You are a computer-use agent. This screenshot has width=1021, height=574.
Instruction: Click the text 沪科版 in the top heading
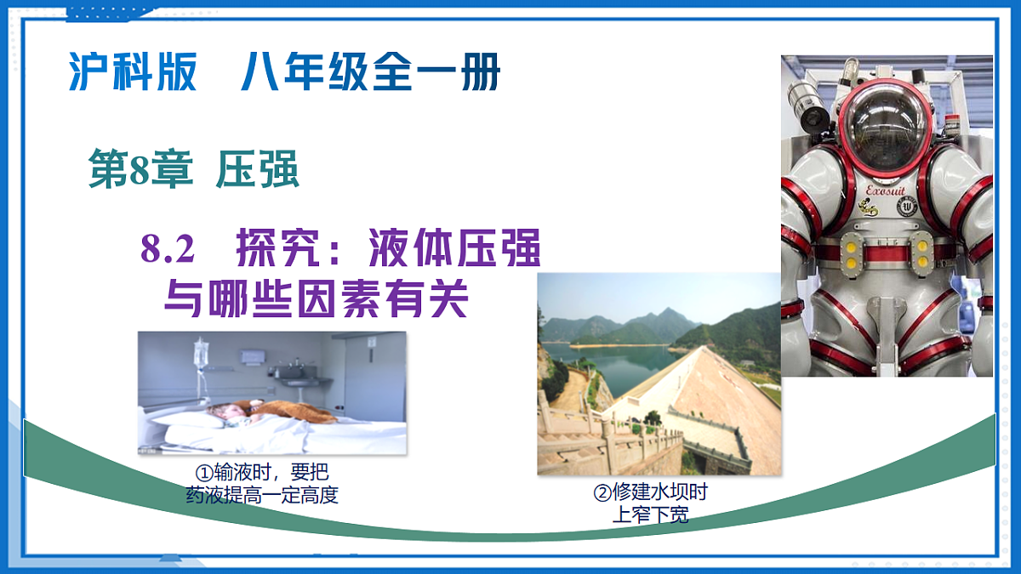point(133,73)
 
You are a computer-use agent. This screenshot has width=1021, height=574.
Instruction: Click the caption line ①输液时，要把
point(262,473)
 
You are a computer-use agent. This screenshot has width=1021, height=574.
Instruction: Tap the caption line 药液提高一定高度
point(262,495)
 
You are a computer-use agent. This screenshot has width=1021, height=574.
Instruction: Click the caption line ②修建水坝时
point(650,492)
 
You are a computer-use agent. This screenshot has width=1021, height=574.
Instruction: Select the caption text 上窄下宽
point(650,514)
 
